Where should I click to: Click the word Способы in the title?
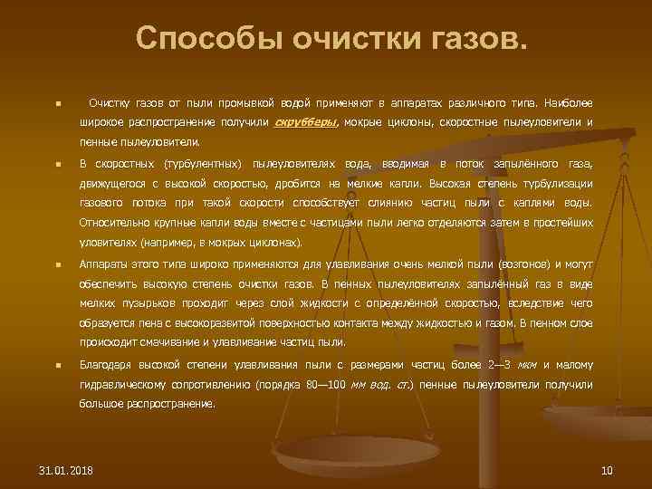click(195, 39)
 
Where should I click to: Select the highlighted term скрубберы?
click(306, 122)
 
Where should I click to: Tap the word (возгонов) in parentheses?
click(526, 264)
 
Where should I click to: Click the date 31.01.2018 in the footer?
click(72, 470)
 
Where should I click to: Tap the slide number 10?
click(607, 470)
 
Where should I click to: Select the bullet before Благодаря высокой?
click(56, 367)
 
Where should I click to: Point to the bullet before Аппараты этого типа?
click(56, 265)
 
